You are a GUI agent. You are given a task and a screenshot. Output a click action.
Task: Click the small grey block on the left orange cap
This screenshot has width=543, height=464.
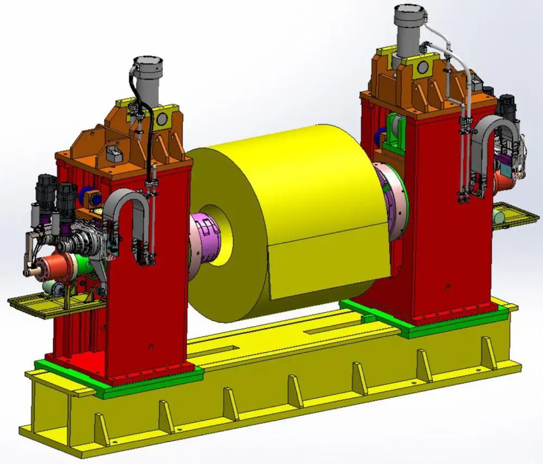tap(115, 154)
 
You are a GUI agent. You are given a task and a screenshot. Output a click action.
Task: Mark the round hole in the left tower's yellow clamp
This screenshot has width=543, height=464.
tap(161, 119)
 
